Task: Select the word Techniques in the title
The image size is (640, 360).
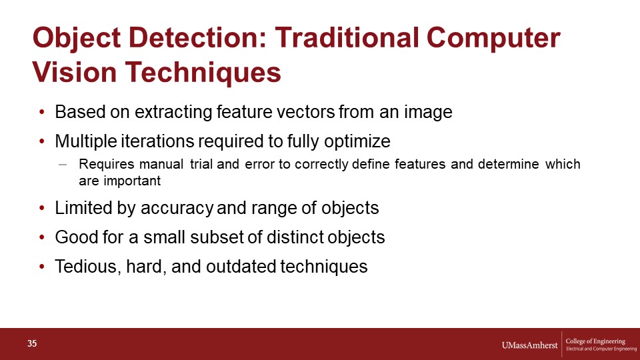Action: point(203,72)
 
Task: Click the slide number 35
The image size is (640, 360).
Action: point(32,344)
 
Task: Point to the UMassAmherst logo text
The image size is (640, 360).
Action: point(529,345)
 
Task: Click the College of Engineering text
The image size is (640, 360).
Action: point(595,341)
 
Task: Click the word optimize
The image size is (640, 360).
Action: point(357,141)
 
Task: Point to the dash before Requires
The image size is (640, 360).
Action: point(63,165)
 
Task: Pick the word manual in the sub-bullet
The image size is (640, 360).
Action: point(161,164)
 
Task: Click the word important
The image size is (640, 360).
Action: point(132,181)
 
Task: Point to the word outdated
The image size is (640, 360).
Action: point(243,267)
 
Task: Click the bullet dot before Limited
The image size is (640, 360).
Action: point(41,208)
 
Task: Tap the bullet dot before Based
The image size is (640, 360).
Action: point(41,112)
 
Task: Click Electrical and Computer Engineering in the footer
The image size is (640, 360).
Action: point(601,349)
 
